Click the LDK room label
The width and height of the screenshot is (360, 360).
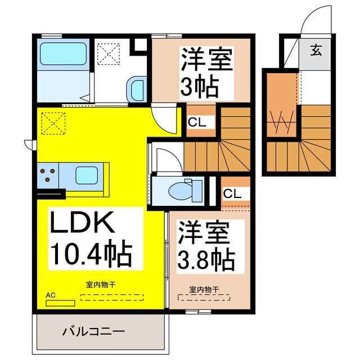click(x=84, y=224)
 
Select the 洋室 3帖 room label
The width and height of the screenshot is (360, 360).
click(x=206, y=59)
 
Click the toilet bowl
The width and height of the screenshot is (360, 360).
click(x=183, y=191)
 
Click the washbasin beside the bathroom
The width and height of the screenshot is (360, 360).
click(x=137, y=88)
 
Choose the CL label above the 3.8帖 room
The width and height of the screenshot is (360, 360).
click(x=232, y=193)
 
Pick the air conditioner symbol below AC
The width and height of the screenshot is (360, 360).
click(x=60, y=303)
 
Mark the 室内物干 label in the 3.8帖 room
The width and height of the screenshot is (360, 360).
click(x=204, y=290)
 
